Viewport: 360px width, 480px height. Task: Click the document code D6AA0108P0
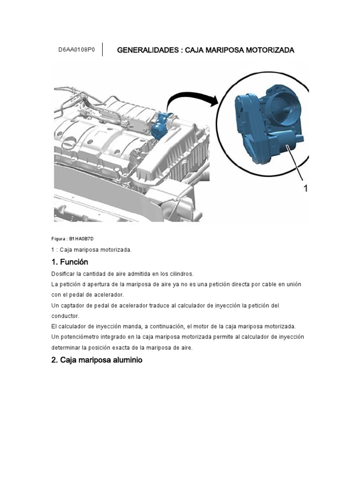coord(76,50)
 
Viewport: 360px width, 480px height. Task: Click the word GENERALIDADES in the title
coord(145,50)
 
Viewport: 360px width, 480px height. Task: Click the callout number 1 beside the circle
coord(306,188)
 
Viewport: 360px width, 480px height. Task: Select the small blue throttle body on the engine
coord(161,124)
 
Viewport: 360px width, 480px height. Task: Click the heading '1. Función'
coord(69,262)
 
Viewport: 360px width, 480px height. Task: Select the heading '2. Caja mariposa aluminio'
coord(97,360)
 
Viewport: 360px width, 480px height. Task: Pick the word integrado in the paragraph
coord(121,337)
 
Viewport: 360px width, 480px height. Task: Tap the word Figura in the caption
coord(59,239)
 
